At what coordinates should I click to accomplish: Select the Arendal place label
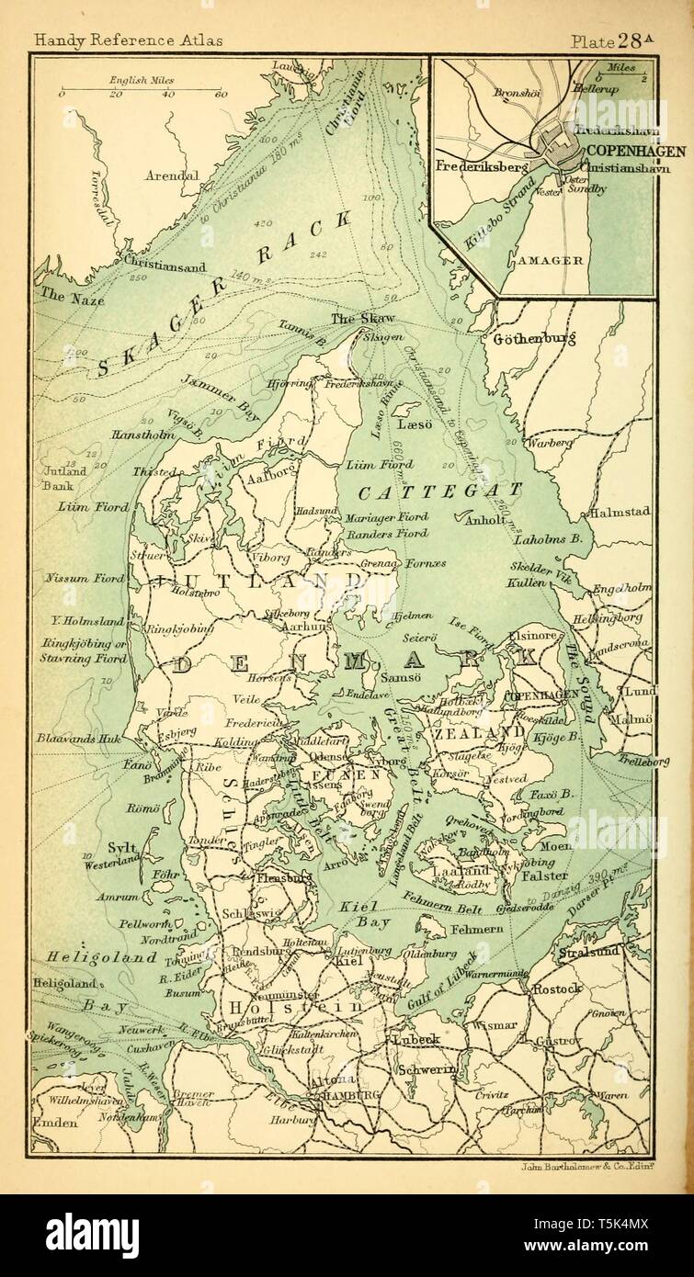point(172,175)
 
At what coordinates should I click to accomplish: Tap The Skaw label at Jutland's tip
point(355,319)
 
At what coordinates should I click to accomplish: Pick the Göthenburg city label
point(534,339)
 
